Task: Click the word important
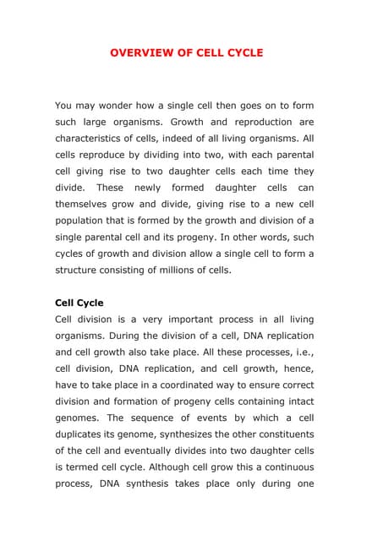point(201,319)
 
